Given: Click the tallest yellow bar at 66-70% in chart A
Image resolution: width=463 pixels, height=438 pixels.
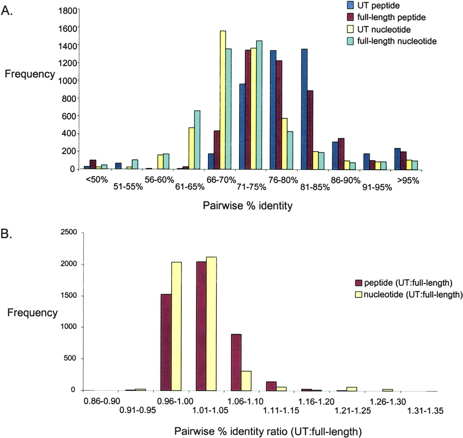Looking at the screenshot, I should tap(223, 100).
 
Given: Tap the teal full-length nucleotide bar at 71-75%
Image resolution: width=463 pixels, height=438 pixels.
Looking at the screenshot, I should tap(259, 105).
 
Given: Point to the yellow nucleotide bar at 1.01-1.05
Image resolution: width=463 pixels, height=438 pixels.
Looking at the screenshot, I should tap(211, 324).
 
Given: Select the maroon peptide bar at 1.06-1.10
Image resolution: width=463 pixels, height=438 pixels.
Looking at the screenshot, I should tap(236, 362).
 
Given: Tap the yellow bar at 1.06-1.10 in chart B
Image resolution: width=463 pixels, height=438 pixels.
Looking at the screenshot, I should tap(246, 381).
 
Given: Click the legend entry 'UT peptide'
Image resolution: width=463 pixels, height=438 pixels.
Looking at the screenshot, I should tap(378, 5).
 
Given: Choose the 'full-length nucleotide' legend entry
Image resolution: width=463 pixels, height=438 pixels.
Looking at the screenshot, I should tap(396, 41).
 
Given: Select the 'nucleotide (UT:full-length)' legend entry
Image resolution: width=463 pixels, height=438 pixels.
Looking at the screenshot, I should tap(413, 295).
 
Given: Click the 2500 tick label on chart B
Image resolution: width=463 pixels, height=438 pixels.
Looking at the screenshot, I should tap(69, 232).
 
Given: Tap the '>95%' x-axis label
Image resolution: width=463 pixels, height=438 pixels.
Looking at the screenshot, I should tap(408, 180).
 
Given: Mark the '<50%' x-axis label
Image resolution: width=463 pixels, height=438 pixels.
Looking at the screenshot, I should tap(97, 179).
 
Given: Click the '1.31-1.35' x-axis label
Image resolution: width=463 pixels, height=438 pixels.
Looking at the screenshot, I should tap(425, 411).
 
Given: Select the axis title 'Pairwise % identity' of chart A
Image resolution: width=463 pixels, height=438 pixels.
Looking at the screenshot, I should tap(247, 206).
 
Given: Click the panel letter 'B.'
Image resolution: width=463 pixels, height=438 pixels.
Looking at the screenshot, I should tap(7, 234).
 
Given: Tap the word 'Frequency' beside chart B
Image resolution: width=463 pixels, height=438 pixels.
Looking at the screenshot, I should tap(33, 313).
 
